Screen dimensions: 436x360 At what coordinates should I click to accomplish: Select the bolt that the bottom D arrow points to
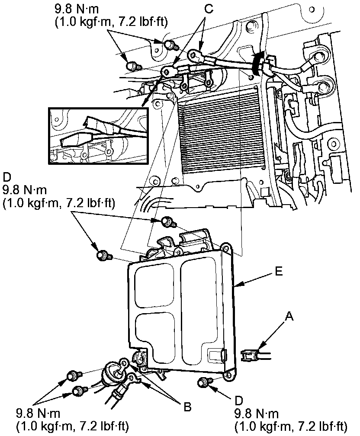(x=202, y=382)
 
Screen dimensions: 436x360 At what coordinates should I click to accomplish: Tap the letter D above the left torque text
(x=6, y=179)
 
